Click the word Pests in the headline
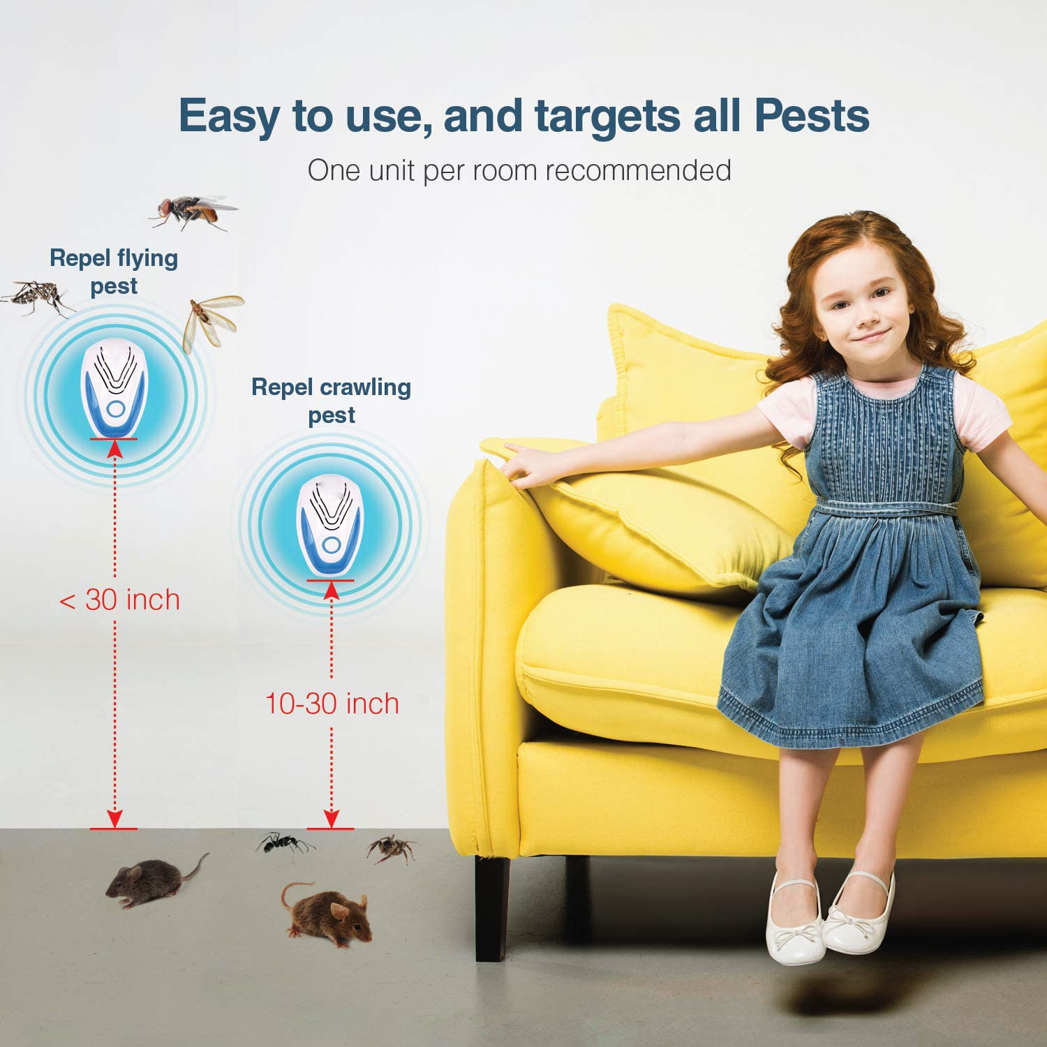pyautogui.click(x=812, y=115)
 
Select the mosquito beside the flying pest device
pyautogui.click(x=37, y=297)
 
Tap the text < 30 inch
pyautogui.click(x=119, y=600)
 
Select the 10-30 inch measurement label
pyautogui.click(x=332, y=703)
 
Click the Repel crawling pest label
pyautogui.click(x=332, y=401)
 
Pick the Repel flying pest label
pyautogui.click(x=114, y=272)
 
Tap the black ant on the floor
pyautogui.click(x=284, y=844)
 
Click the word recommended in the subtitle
pyautogui.click(x=639, y=170)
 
